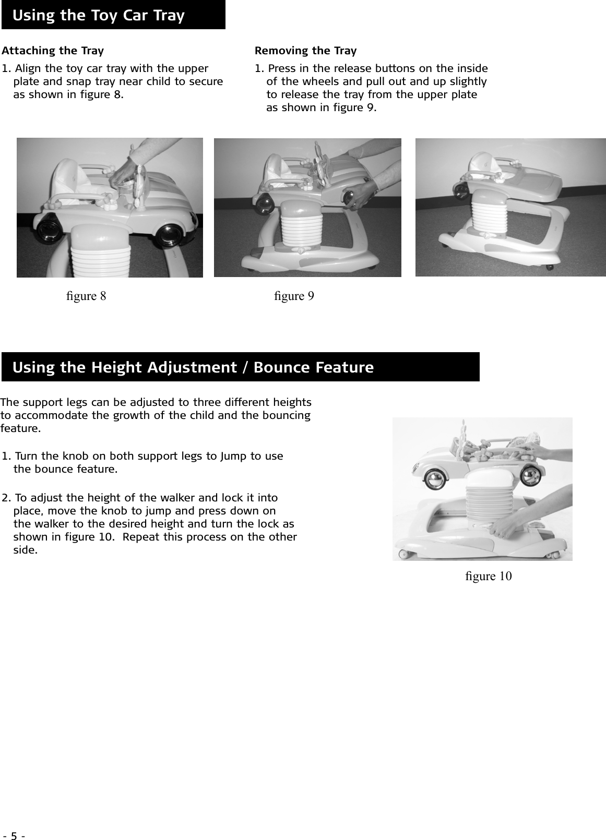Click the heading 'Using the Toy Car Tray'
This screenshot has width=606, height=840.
click(x=98, y=15)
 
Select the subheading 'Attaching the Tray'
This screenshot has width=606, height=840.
click(x=53, y=51)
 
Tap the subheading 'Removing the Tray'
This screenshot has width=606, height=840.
click(x=305, y=51)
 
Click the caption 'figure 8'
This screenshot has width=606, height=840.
click(x=86, y=296)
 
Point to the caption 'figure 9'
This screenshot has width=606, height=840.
click(x=294, y=296)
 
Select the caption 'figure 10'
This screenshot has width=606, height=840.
click(x=488, y=576)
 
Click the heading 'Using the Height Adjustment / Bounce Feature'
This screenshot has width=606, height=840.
click(x=193, y=367)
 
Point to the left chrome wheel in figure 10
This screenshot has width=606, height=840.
click(x=435, y=479)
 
